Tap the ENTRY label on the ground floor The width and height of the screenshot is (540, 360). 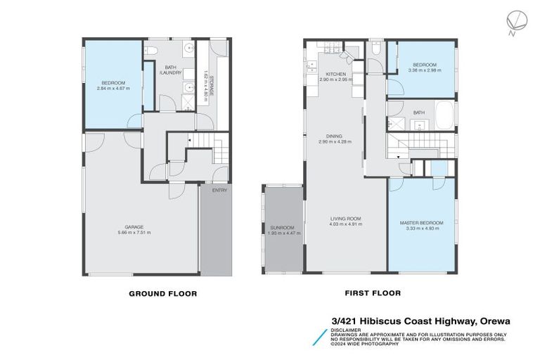tap(219, 190)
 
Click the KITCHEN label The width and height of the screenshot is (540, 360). tap(335, 75)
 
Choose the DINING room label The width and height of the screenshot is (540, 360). tap(334, 136)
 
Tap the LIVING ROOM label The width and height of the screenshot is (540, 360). tap(345, 219)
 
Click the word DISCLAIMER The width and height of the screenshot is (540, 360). tap(347, 329)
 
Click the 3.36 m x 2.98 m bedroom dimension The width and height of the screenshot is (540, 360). tap(425, 70)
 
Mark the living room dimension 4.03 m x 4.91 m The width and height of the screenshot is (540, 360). tap(345, 224)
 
